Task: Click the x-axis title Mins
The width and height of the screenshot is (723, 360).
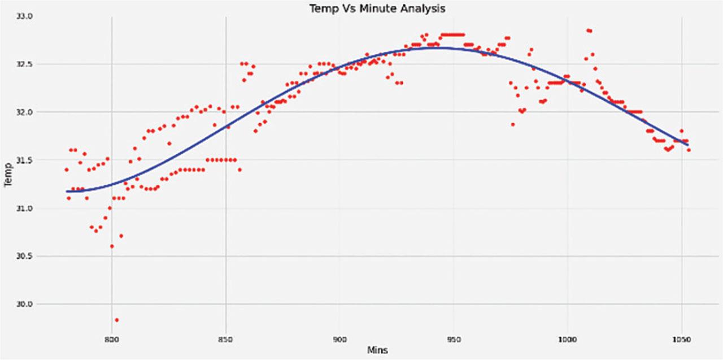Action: tap(377, 350)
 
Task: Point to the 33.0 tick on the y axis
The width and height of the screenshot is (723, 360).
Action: tap(25, 16)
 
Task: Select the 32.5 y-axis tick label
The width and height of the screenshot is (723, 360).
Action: tap(25, 64)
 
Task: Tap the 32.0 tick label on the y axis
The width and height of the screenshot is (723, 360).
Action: tap(25, 112)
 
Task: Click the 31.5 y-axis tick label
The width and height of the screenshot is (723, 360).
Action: tap(25, 161)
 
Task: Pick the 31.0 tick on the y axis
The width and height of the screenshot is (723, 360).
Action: tap(25, 209)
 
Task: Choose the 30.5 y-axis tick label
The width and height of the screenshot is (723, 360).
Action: tap(25, 257)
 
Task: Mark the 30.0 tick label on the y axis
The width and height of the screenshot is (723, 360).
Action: tap(25, 305)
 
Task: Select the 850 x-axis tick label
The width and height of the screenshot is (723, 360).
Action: tap(225, 340)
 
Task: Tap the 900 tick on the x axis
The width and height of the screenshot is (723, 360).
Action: tap(339, 340)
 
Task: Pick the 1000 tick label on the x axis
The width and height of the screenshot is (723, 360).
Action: tap(567, 340)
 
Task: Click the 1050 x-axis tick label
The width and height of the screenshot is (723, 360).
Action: tap(681, 340)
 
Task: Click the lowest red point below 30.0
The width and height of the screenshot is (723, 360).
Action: tap(116, 320)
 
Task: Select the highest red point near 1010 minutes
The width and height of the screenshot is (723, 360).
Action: tap(589, 31)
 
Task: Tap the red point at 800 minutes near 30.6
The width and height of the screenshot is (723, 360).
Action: tap(112, 246)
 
